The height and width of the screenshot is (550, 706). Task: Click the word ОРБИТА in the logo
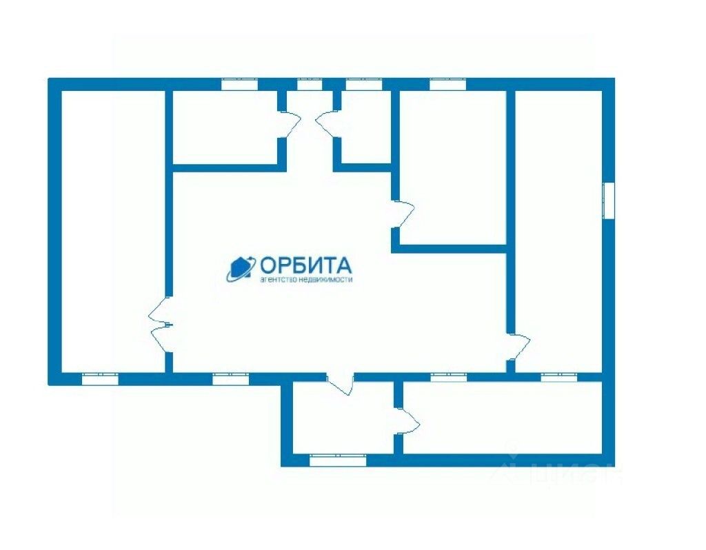tap(305, 265)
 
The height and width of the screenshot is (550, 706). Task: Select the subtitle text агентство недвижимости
tap(305, 280)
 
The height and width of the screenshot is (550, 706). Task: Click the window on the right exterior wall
tap(609, 201)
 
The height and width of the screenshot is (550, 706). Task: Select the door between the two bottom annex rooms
tap(406, 420)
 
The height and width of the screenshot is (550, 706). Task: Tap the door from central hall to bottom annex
tap(340, 383)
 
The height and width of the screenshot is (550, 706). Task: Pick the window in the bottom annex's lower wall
tap(337, 460)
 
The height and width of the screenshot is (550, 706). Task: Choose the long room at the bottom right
tap(502, 418)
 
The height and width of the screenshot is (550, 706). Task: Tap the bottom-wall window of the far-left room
tap(100, 378)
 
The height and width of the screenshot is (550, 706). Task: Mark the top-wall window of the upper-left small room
tap(239, 85)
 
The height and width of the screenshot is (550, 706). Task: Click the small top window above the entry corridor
tap(310, 85)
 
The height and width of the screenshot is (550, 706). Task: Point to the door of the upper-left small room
tap(290, 124)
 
